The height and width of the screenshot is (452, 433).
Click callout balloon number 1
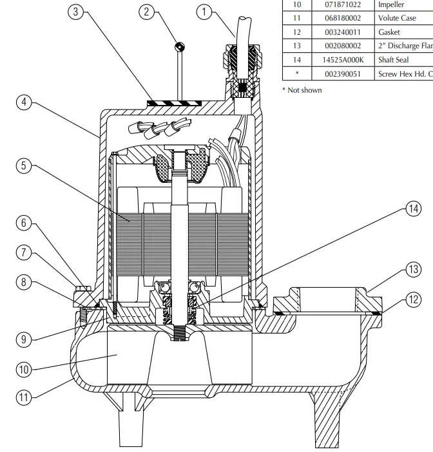click(204, 11)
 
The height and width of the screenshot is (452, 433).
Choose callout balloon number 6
click(24, 223)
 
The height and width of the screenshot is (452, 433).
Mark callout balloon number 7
click(24, 252)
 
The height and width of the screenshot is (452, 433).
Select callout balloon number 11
click(24, 397)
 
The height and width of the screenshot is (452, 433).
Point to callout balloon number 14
click(412, 207)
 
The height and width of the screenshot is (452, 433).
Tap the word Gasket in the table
click(389, 32)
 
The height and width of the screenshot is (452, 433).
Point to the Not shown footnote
click(302, 89)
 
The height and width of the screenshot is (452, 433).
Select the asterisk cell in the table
click(296, 73)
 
